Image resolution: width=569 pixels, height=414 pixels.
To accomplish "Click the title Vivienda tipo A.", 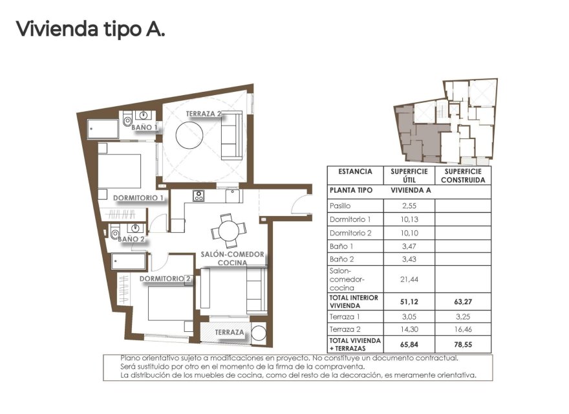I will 90,29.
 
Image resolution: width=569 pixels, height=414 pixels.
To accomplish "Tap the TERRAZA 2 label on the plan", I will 204,114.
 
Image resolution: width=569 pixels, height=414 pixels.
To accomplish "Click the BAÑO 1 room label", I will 144,127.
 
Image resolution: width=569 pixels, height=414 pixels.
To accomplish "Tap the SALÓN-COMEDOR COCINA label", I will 232,259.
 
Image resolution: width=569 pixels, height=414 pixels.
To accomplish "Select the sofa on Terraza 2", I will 231,135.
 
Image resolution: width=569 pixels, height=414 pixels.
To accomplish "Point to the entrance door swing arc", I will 301,204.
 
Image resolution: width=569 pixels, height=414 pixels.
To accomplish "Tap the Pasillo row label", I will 340,206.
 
